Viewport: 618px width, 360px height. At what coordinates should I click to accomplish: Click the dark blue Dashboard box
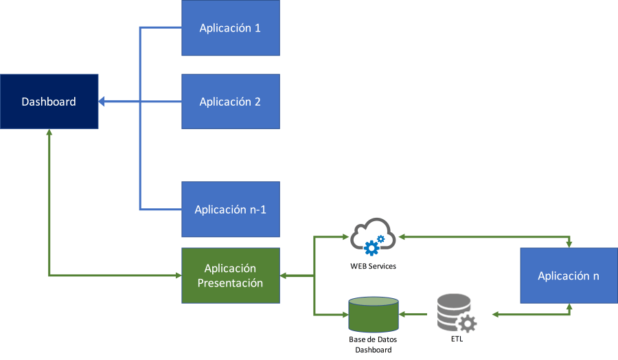tap(49, 102)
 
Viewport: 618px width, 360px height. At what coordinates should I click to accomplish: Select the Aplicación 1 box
tap(230, 28)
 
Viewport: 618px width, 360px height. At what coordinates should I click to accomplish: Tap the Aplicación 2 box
tap(230, 102)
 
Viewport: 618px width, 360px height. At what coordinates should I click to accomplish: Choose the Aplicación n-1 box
tap(230, 210)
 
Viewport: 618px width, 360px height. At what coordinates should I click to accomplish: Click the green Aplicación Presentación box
tap(230, 276)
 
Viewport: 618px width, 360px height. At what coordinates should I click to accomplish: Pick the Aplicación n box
tap(569, 276)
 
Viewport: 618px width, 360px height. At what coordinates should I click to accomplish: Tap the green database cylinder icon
tap(374, 315)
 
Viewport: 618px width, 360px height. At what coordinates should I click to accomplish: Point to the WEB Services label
tap(374, 266)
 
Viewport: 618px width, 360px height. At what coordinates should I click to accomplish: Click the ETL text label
tap(455, 339)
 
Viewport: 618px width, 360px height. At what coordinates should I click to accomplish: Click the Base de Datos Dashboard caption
tap(374, 345)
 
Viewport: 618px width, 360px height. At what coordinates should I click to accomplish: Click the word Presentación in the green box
tap(230, 283)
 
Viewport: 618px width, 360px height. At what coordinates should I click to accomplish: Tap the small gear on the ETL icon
tap(468, 323)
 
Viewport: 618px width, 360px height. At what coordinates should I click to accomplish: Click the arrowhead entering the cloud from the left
tap(345, 237)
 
